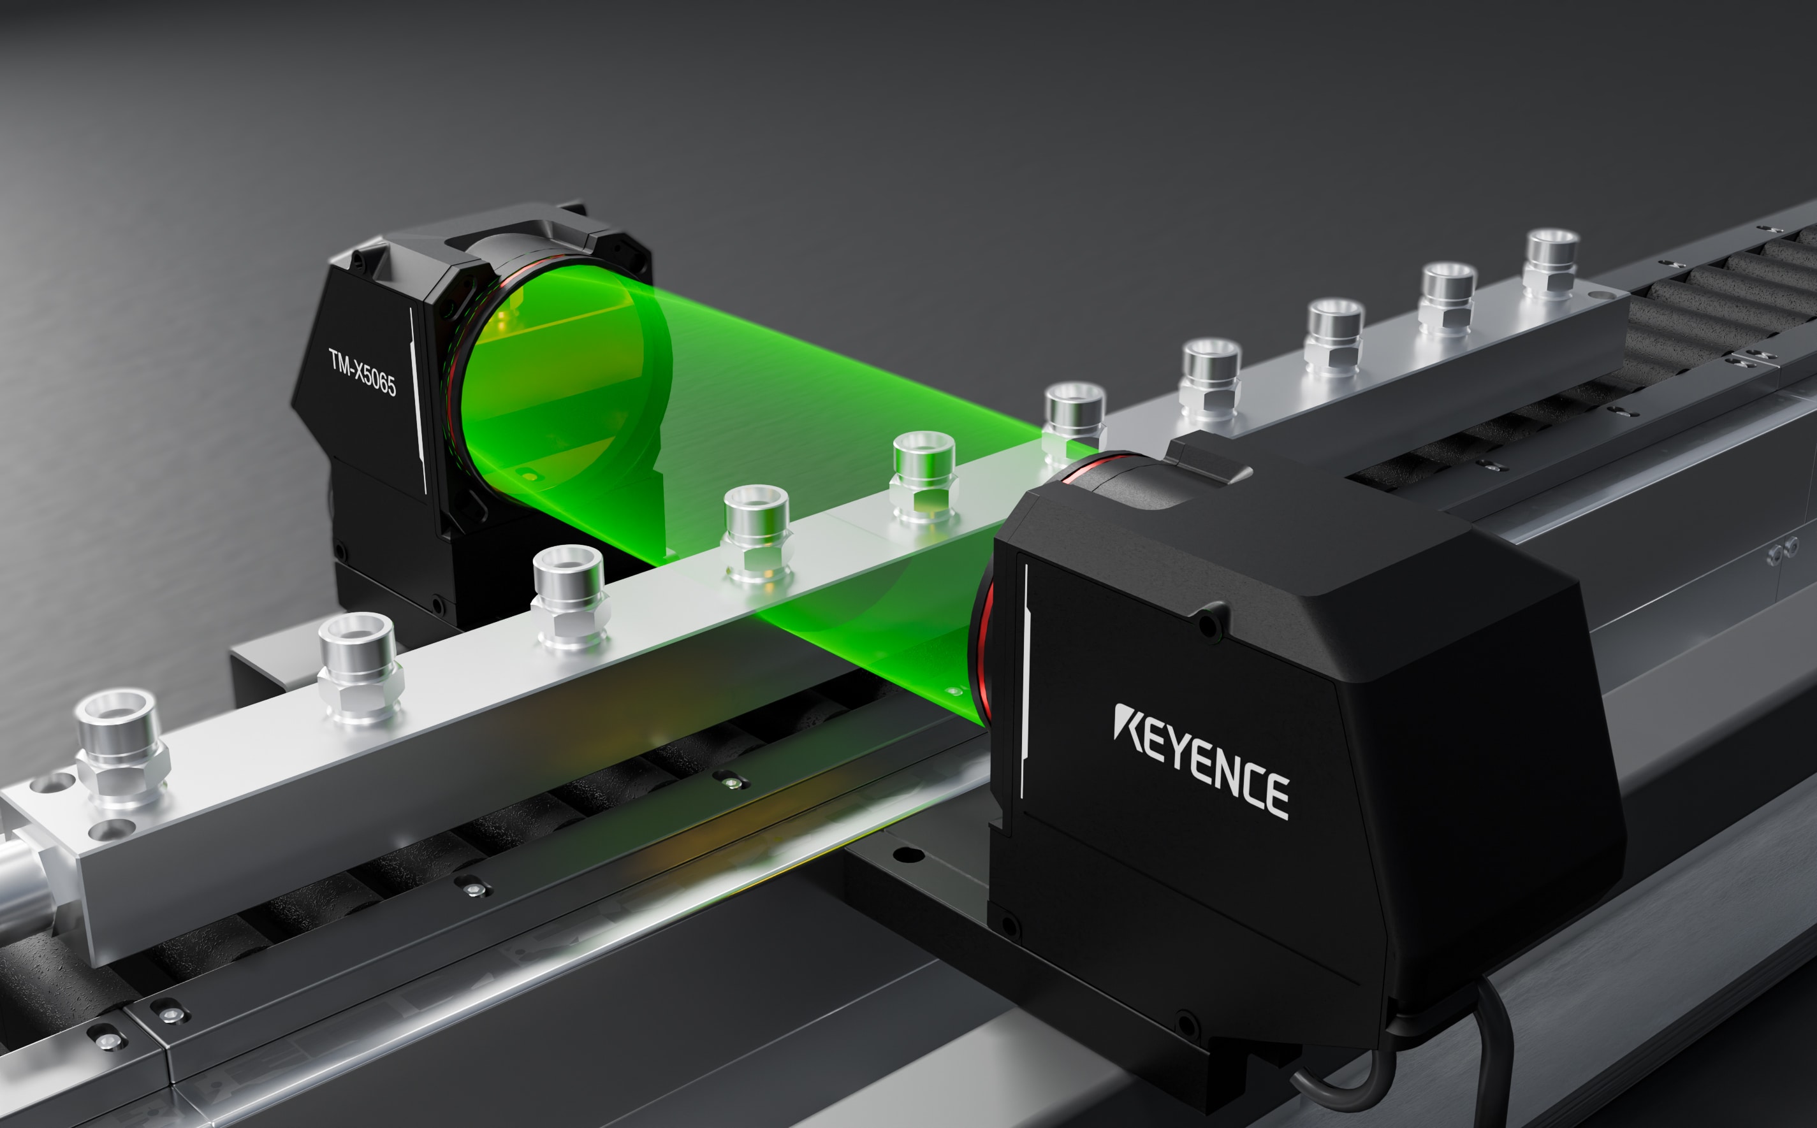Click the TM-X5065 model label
click(363, 372)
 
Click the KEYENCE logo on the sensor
click(1200, 762)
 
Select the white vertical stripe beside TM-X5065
click(419, 400)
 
